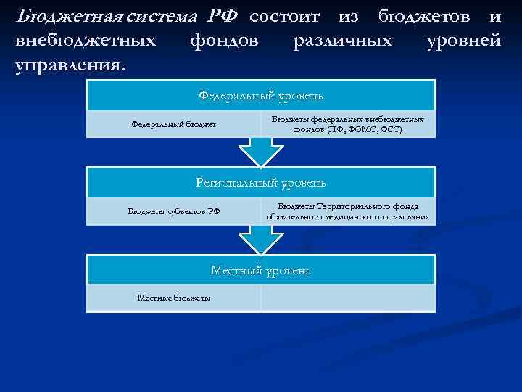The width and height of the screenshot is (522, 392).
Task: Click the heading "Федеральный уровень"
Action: point(261,95)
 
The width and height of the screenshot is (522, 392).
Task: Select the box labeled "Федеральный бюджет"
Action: point(173,124)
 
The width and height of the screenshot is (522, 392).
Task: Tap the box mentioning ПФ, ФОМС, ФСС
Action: point(348,124)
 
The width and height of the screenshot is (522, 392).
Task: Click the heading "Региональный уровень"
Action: point(261,183)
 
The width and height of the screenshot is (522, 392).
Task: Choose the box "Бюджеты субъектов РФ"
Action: point(173,211)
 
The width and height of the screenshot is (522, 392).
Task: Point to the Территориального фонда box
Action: point(348,211)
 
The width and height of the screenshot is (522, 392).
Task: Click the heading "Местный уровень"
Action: point(261,270)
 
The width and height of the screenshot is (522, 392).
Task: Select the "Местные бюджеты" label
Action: point(173,298)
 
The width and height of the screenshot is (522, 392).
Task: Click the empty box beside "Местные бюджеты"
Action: point(348,298)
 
